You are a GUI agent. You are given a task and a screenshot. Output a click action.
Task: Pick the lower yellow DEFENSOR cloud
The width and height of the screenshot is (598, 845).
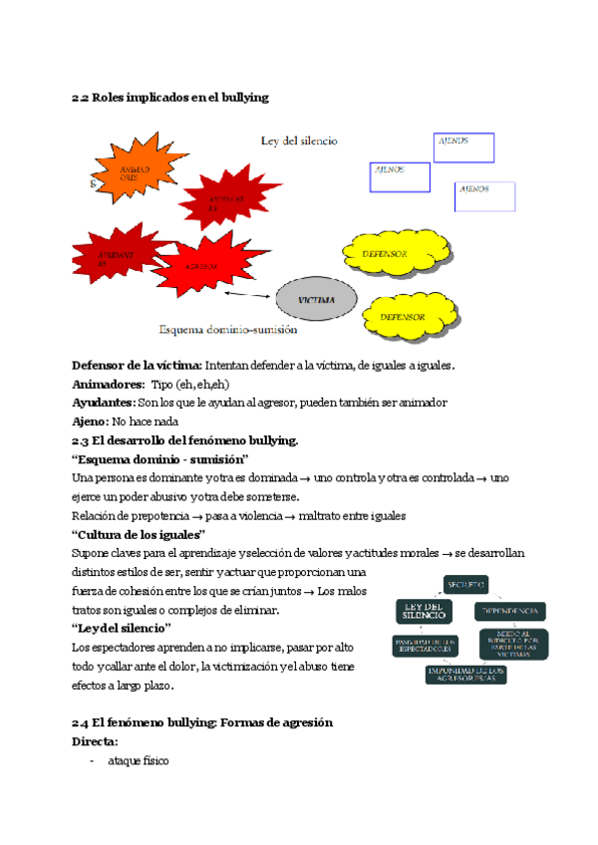[x=404, y=317]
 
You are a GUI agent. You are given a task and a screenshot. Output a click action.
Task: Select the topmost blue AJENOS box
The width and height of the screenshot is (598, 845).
[x=464, y=146]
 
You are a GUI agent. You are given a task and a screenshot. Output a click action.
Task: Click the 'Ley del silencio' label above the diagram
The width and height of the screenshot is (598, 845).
[x=299, y=141]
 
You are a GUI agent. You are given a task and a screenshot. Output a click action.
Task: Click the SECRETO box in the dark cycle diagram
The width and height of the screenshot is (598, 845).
[x=466, y=583]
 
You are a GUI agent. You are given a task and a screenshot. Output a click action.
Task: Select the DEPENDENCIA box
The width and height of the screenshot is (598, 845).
[x=511, y=610]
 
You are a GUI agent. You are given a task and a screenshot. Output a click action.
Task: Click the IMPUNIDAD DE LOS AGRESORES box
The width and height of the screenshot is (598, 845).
[x=465, y=675]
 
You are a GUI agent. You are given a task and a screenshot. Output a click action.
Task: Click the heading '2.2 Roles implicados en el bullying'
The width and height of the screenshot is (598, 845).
[x=169, y=98]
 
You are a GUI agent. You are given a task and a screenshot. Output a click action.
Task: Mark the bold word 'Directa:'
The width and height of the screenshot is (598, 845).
[x=96, y=742]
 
